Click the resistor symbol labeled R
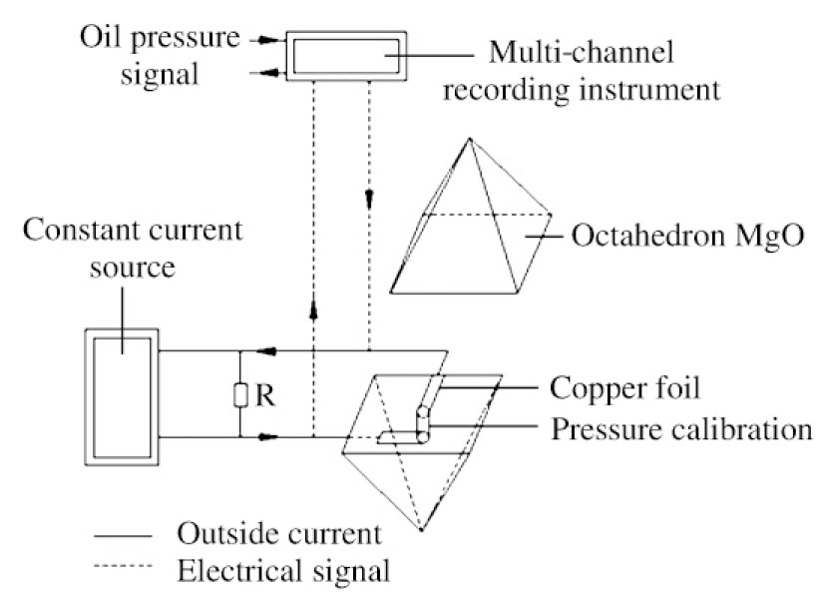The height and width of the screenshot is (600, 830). coord(240,396)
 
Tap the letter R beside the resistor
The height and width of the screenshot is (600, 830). coord(263,395)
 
